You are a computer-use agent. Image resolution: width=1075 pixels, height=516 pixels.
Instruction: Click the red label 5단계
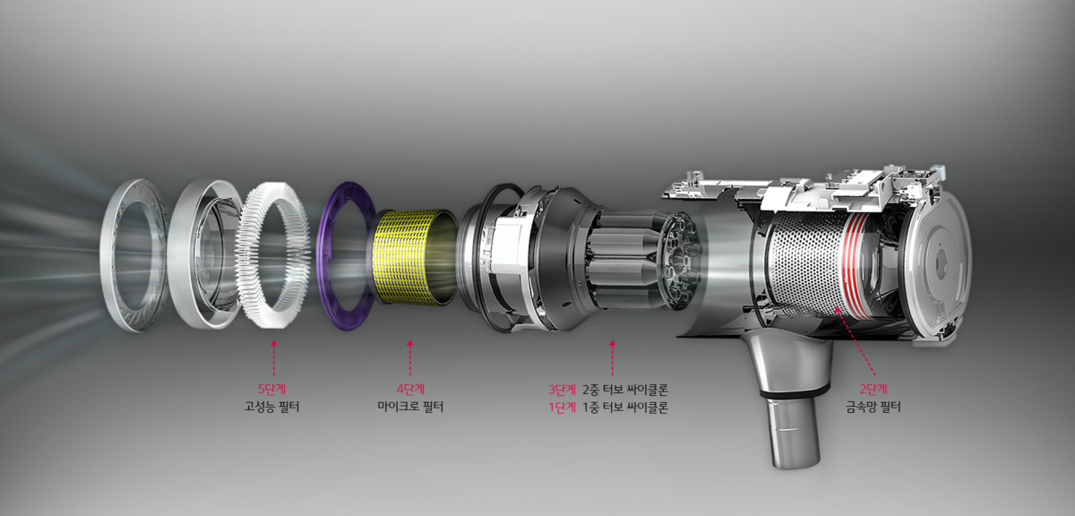click(x=271, y=389)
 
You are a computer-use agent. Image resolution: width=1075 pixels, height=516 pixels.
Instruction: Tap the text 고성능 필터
click(x=271, y=407)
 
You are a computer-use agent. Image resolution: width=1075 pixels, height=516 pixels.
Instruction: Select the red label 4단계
click(x=410, y=389)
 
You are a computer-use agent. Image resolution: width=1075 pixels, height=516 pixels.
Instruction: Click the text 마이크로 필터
click(x=410, y=407)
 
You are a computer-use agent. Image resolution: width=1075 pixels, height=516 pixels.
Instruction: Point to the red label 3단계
click(x=562, y=390)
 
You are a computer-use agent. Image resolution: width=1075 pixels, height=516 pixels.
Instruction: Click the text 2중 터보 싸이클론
click(x=625, y=390)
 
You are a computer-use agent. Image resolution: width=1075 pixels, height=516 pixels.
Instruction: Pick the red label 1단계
click(x=562, y=408)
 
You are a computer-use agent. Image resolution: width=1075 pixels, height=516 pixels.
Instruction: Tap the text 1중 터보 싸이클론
click(x=625, y=408)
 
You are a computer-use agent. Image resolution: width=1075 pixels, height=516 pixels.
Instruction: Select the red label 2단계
click(x=873, y=389)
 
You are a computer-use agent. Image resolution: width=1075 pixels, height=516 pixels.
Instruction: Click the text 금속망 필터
click(x=873, y=407)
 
